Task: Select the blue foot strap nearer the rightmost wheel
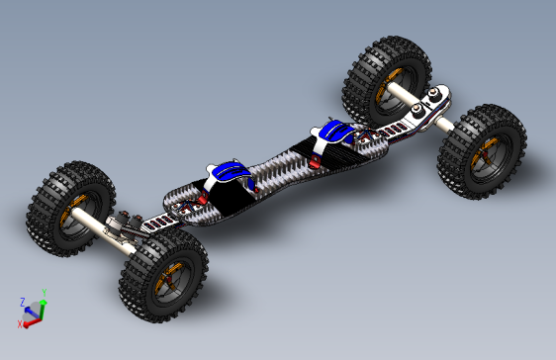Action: (334, 130)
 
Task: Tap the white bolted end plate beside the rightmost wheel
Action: (432, 103)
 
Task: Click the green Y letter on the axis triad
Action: (45, 294)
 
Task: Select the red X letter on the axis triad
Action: (20, 322)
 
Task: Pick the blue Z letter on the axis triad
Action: (23, 300)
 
